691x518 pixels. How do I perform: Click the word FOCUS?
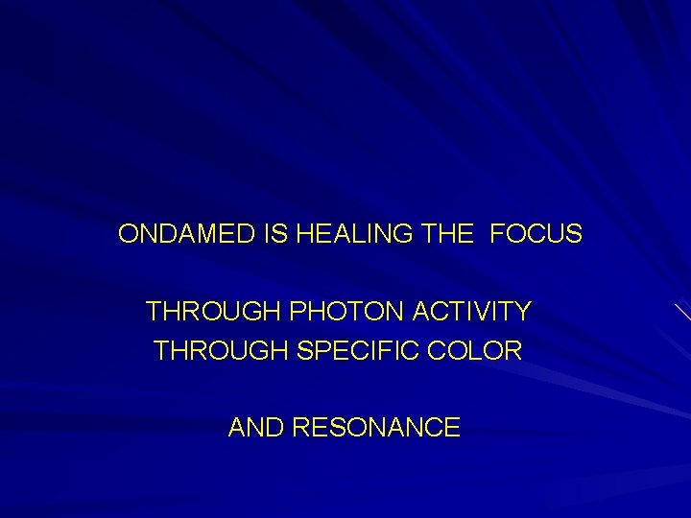tap(536, 234)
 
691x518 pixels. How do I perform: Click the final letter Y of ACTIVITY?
tap(523, 312)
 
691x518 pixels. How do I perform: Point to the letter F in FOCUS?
tap(497, 234)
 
